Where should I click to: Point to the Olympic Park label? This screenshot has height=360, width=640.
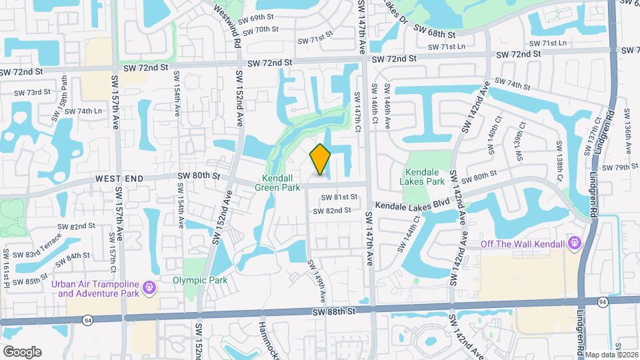(200, 280)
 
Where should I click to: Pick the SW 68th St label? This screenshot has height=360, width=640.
(434, 31)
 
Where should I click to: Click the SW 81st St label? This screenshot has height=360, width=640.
(339, 197)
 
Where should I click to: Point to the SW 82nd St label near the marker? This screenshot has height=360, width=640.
(333, 211)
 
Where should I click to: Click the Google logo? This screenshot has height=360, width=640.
(22, 351)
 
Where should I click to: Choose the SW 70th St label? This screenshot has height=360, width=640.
(260, 30)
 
